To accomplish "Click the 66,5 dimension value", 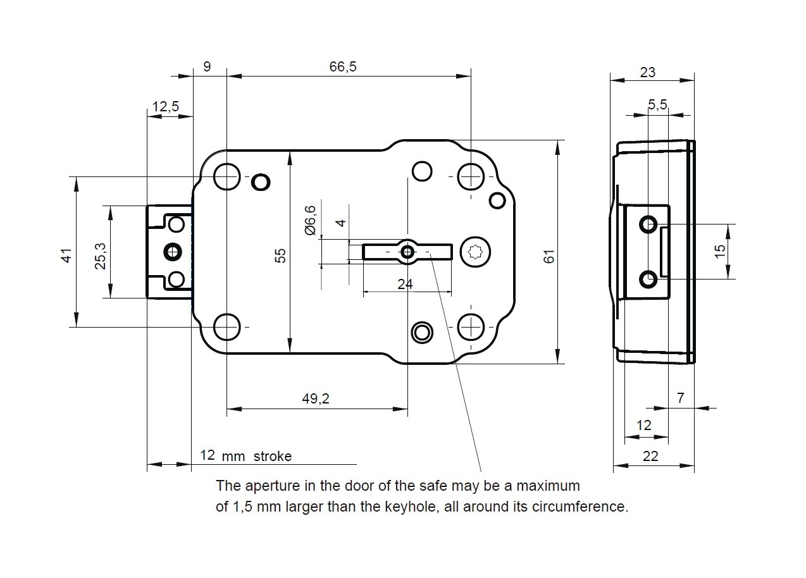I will (343, 67).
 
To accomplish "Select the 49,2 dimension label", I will (316, 398).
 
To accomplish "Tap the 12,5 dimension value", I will (165, 106).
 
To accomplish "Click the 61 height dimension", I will (549, 256).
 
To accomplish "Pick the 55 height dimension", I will (281, 255).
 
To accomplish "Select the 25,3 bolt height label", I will (100, 255).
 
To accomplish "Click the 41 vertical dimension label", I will (66, 255).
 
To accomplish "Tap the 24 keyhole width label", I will (405, 284).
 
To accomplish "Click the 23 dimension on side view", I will (648, 72).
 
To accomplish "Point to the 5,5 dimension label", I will (658, 105).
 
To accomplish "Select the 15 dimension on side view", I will (720, 251).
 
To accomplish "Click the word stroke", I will (273, 456).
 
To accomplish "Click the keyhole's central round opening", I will (407, 252).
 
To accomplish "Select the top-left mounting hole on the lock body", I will (226, 176).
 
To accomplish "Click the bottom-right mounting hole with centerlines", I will (471, 327).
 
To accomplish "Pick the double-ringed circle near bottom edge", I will (421, 331).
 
